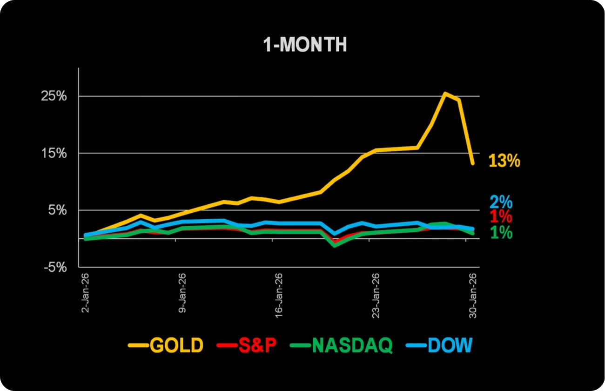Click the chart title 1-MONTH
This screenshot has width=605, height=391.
click(x=305, y=45)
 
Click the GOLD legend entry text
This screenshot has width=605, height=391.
click(x=177, y=345)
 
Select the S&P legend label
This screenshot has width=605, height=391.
click(x=257, y=345)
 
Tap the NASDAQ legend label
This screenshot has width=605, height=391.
click(x=352, y=345)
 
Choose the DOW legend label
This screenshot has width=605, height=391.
click(x=450, y=345)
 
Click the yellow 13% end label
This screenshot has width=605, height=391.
click(x=504, y=161)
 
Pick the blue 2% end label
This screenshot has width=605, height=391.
click(x=501, y=202)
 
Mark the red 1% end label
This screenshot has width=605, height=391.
click(x=501, y=216)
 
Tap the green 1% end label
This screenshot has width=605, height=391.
click(x=501, y=232)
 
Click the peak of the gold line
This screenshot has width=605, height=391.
click(x=445, y=94)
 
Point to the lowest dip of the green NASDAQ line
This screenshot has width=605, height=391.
click(x=334, y=245)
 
